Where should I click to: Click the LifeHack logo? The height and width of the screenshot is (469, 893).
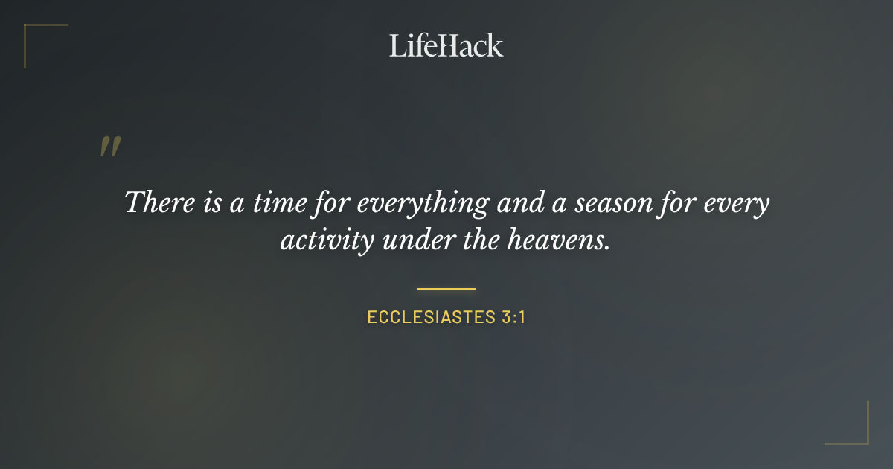point(446,45)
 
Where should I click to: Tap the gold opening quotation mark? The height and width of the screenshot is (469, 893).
point(109,147)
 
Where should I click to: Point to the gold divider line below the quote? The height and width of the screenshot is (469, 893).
point(446,288)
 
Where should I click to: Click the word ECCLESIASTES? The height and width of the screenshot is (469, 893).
point(427,317)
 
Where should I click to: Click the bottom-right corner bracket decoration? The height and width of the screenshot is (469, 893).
point(856,432)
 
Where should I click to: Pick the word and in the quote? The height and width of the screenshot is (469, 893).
point(518,202)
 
